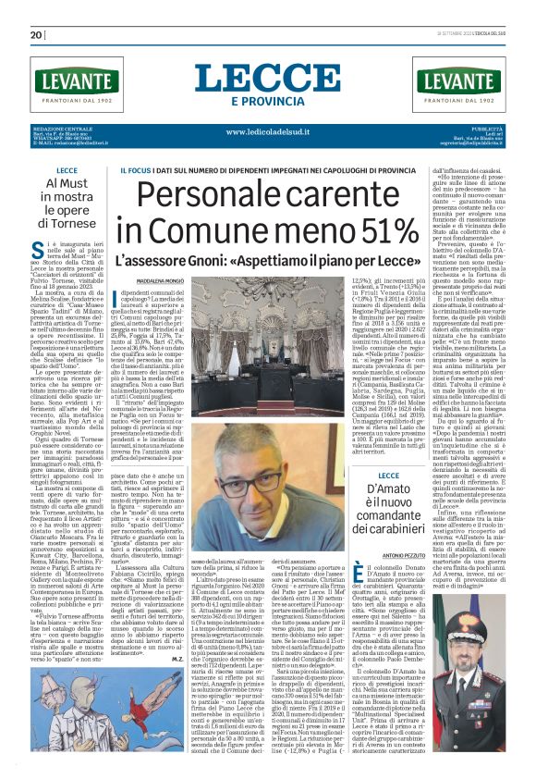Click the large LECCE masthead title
pos(267,78)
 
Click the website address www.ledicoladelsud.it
pos(267,130)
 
